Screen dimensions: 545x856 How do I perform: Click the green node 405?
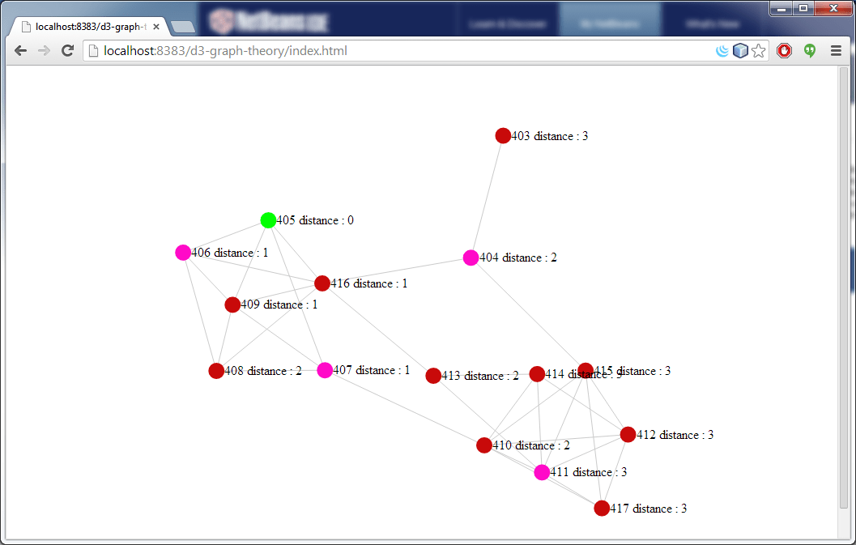[x=268, y=220]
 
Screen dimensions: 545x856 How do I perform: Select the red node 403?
[x=503, y=135]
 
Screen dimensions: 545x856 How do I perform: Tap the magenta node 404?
[x=471, y=258]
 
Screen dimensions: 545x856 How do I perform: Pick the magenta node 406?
[x=183, y=253]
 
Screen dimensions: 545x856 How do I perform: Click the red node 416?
[x=322, y=283]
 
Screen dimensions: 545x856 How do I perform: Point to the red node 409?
[x=232, y=304]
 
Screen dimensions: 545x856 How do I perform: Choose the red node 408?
[x=216, y=371]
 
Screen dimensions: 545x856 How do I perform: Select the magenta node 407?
[x=325, y=370]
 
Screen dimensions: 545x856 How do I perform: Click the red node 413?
[x=433, y=376]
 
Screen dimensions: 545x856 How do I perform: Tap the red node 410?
[x=484, y=445]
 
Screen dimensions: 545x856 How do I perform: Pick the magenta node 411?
[x=542, y=472]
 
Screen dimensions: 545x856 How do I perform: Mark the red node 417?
[x=602, y=509]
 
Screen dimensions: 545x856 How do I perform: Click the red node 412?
[x=628, y=435]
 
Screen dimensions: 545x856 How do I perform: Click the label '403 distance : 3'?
[x=550, y=136]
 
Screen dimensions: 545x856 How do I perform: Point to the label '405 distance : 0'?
[x=315, y=220]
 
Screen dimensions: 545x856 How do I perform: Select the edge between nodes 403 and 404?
[x=487, y=197]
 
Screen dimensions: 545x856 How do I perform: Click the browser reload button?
[x=68, y=51]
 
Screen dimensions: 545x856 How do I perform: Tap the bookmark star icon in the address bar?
[x=758, y=51]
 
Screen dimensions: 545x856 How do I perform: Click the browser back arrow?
[x=21, y=51]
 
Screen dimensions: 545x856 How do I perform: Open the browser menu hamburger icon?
[x=836, y=51]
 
